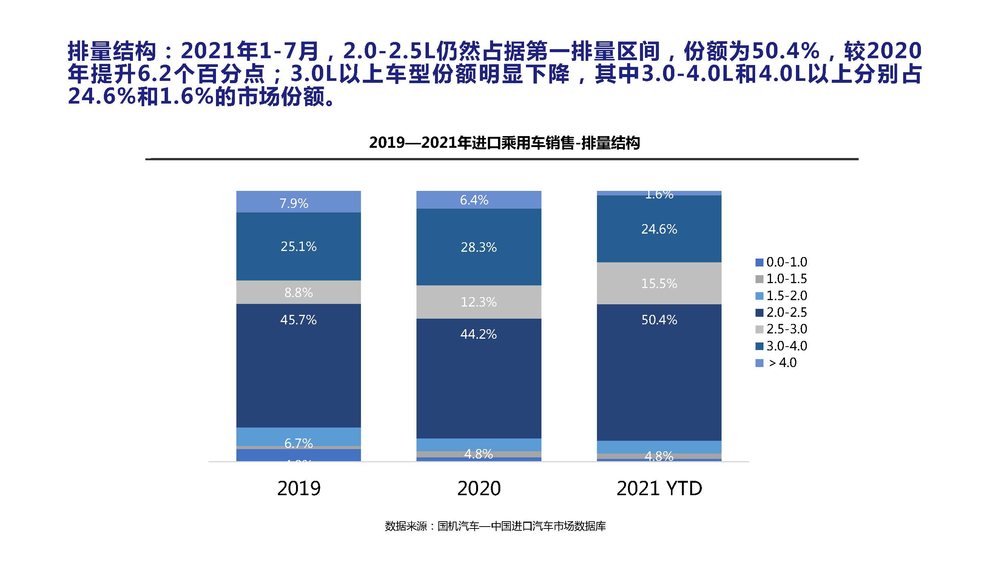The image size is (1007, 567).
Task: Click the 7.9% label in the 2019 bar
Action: [x=294, y=203]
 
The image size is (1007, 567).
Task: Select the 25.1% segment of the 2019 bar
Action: [x=298, y=246]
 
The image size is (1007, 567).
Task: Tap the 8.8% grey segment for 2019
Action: [x=298, y=292]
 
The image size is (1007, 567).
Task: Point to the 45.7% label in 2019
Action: [x=298, y=320]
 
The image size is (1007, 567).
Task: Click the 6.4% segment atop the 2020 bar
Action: [x=474, y=200]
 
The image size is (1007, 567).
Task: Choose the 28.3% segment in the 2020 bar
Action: [x=478, y=247]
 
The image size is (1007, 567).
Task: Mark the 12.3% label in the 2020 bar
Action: [x=478, y=302]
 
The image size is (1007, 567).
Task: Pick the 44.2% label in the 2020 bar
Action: [x=478, y=334]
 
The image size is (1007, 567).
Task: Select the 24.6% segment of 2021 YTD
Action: [x=659, y=229]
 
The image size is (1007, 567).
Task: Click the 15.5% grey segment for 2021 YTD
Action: [x=659, y=283]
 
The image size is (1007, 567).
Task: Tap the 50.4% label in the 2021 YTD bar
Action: [x=659, y=320]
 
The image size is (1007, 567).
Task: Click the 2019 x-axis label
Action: [x=299, y=488]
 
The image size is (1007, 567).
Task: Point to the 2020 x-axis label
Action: [x=479, y=488]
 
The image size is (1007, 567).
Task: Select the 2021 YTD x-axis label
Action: [x=659, y=488]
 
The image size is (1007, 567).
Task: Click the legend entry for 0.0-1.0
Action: [x=782, y=262]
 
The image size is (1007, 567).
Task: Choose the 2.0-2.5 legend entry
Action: [x=782, y=312]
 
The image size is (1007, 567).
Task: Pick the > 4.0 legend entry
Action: [x=778, y=363]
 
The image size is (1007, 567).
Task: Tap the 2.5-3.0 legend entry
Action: [x=782, y=329]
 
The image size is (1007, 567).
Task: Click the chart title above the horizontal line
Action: [x=504, y=143]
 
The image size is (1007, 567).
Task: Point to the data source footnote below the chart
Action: [x=495, y=526]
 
